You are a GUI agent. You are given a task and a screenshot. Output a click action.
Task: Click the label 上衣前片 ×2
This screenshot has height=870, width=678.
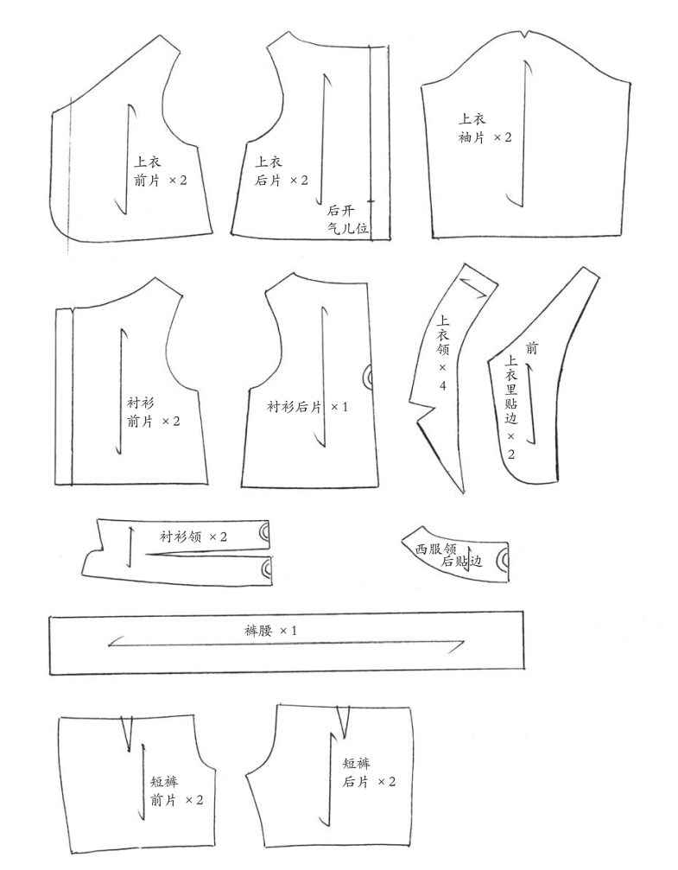point(161,171)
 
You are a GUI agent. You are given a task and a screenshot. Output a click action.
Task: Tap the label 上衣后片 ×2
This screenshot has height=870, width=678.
point(282,171)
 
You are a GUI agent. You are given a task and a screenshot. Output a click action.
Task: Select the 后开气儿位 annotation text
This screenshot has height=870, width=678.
point(347,219)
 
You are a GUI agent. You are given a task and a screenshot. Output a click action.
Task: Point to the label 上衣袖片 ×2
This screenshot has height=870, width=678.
point(485,128)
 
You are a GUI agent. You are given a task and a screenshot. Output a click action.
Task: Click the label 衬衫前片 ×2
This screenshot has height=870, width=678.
point(154,412)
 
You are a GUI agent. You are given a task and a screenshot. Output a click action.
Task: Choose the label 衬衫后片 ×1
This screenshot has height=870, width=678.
point(307,407)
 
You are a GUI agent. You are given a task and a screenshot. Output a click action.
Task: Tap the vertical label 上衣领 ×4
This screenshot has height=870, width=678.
point(443,352)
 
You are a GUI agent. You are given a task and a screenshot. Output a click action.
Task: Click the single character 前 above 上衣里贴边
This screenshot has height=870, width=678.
point(531,348)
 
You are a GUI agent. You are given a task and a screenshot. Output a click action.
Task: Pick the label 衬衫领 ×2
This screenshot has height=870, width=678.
point(193,537)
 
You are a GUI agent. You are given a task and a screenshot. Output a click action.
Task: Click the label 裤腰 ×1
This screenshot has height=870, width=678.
point(270,631)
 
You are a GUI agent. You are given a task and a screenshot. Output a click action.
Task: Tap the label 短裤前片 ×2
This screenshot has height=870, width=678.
point(177,791)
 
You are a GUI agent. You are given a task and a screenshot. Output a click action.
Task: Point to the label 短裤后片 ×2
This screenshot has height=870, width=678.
point(369,772)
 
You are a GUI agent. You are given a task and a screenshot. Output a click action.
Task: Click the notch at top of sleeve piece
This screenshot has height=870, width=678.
point(524,35)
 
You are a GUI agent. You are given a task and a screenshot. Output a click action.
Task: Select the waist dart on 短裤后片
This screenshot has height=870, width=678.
point(344,722)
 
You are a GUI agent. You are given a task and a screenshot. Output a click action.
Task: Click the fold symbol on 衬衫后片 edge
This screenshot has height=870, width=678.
point(367,378)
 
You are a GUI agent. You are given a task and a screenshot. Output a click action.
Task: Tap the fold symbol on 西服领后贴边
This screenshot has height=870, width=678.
point(503,560)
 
